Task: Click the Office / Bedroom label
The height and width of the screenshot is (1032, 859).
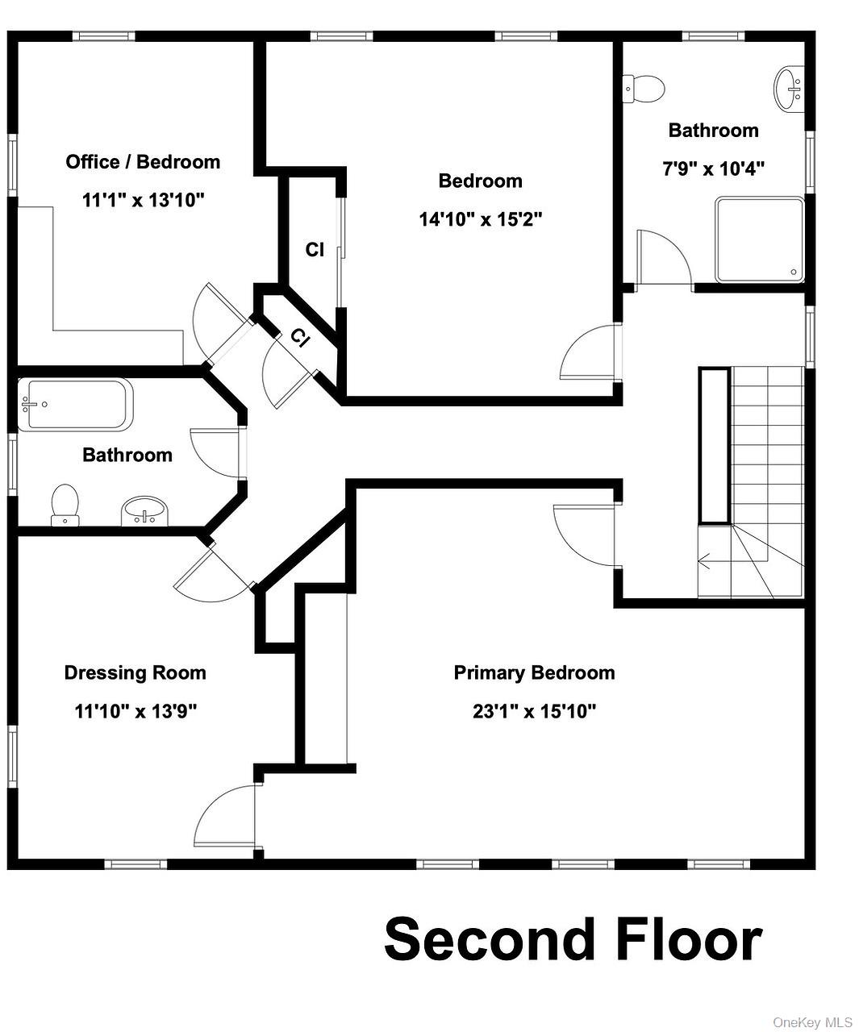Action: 143,162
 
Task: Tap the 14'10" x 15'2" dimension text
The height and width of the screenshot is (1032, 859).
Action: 481,219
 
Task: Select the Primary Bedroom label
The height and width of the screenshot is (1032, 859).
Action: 535,673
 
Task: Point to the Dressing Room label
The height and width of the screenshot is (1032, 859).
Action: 135,673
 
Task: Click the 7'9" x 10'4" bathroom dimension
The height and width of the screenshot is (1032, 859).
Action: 713,169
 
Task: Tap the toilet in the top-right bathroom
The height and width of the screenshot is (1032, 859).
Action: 643,89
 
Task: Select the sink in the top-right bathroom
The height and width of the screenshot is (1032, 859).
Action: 789,90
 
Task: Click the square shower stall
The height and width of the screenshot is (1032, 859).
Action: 760,239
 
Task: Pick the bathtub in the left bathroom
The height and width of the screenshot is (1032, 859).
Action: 75,404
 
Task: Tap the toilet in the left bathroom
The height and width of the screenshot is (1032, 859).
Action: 65,505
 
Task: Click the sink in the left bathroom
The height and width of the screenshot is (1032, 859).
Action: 144,511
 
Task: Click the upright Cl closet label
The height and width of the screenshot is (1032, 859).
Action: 315,250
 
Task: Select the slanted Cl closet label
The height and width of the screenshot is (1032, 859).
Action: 300,338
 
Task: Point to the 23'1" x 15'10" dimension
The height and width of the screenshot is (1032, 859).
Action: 535,712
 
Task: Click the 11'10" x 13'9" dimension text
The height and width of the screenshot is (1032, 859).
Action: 136,712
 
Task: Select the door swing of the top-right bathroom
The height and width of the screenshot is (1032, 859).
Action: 664,257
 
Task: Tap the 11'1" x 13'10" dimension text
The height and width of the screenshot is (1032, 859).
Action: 143,201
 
